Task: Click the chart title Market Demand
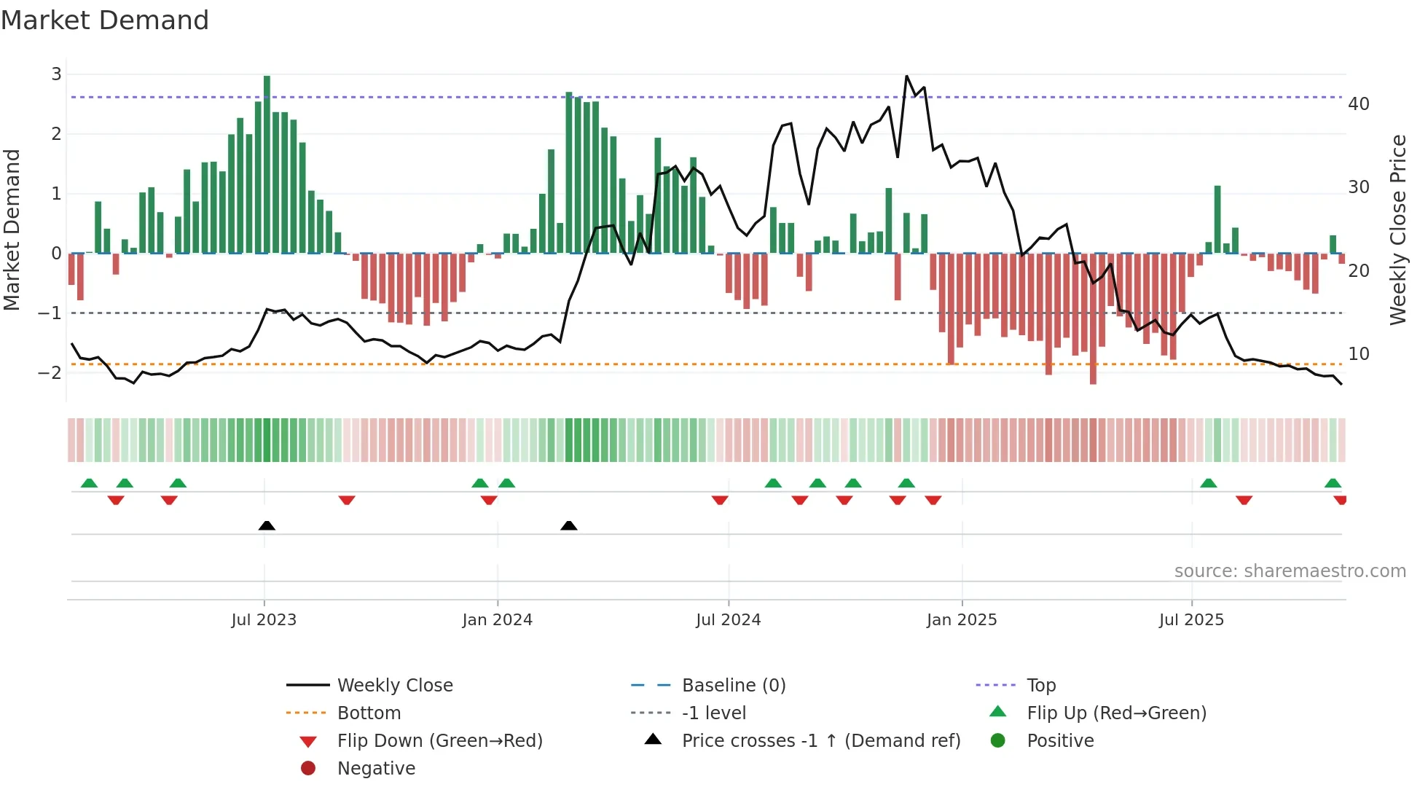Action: point(105,20)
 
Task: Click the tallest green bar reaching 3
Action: point(267,164)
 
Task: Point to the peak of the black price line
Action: point(906,77)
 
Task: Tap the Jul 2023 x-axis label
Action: point(264,620)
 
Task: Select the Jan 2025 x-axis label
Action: point(962,620)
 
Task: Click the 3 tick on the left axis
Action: point(56,74)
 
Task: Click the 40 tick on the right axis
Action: point(1359,104)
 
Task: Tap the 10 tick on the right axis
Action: point(1359,354)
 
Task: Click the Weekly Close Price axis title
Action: point(1397,230)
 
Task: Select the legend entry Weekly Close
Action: point(394,685)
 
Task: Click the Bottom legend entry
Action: point(369,713)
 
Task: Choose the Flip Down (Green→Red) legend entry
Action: point(439,740)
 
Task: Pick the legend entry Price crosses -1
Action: point(820,740)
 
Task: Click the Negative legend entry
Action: point(376,768)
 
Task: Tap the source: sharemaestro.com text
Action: point(1290,571)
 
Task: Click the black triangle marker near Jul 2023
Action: point(267,525)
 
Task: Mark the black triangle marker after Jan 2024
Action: point(569,525)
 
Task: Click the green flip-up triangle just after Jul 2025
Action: point(1208,483)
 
